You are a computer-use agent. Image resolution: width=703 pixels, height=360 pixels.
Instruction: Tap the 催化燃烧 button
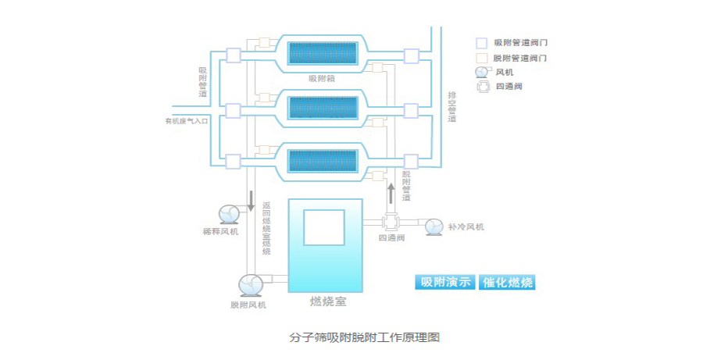coord(509,283)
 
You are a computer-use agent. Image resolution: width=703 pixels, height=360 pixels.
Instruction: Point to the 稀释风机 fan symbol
coord(228,214)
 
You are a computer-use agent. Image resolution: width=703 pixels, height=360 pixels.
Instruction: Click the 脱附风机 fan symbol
coord(249,283)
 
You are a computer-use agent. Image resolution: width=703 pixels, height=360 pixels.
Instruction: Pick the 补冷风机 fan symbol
coord(431,226)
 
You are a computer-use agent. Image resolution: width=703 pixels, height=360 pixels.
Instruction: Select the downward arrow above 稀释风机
coord(251,200)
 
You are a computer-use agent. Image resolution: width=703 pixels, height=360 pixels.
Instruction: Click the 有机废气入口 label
coord(187,121)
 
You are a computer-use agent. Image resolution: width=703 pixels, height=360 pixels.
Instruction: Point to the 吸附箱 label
coord(323,78)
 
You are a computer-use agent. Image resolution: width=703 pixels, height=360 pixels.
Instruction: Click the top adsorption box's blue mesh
coord(323,53)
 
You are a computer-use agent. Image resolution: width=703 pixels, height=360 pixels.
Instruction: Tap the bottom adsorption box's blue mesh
coord(323,161)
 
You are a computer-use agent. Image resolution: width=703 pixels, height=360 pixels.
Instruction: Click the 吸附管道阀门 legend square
coord(482,42)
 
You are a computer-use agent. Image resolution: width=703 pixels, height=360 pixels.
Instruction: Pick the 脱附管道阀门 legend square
coord(482,58)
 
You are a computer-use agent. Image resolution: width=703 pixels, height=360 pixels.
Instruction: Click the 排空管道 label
coord(451,107)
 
